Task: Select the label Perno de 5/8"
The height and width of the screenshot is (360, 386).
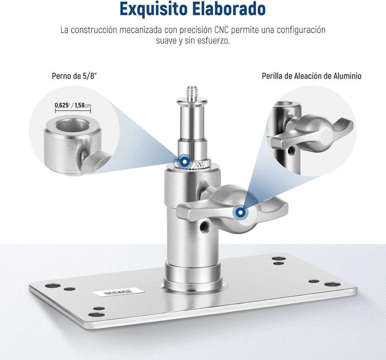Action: (75, 76)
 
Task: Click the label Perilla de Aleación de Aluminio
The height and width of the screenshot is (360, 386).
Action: (311, 76)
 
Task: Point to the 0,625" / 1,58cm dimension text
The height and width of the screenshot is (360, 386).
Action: (73, 106)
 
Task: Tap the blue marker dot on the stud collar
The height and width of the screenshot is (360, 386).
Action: (183, 162)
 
